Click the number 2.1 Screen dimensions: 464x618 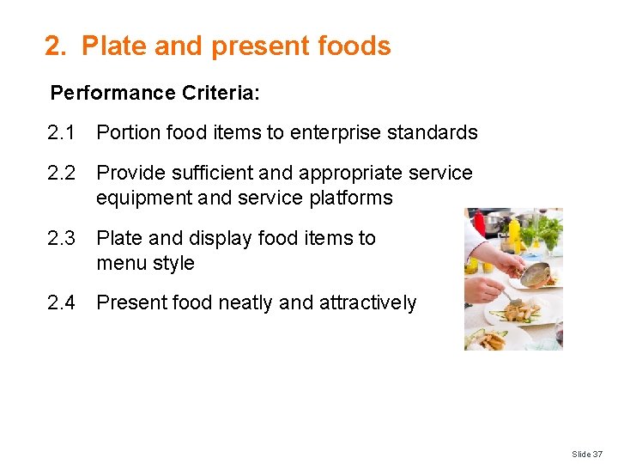62,132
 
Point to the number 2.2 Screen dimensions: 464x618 62,173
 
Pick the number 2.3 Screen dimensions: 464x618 62,238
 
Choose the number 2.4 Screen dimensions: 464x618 62,302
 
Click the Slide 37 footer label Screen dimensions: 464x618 588,453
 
